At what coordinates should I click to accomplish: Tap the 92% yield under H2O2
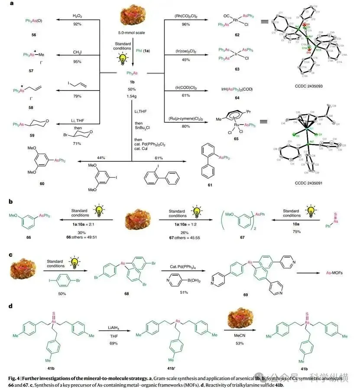78,24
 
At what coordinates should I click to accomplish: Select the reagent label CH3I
78,53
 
